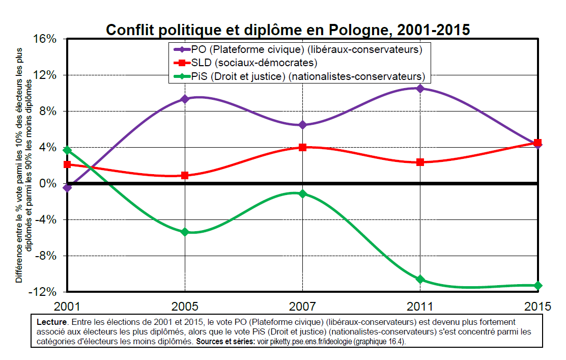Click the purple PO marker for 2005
point(185,99)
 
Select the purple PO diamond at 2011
point(420,89)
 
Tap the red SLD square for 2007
point(302,147)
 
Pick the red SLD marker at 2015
point(537,143)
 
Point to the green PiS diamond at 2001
point(67,150)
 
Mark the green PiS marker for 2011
point(420,279)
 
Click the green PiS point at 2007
point(302,193)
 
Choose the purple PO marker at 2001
point(67,188)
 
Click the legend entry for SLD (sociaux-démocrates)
point(253,63)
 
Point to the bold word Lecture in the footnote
point(52,322)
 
